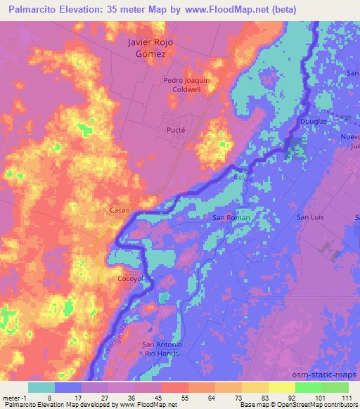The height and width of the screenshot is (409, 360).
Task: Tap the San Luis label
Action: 309,217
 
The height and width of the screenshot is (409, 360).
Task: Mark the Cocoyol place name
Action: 130,278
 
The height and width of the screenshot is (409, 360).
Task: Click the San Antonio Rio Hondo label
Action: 163,349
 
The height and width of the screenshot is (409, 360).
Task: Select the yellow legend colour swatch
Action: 281,387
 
